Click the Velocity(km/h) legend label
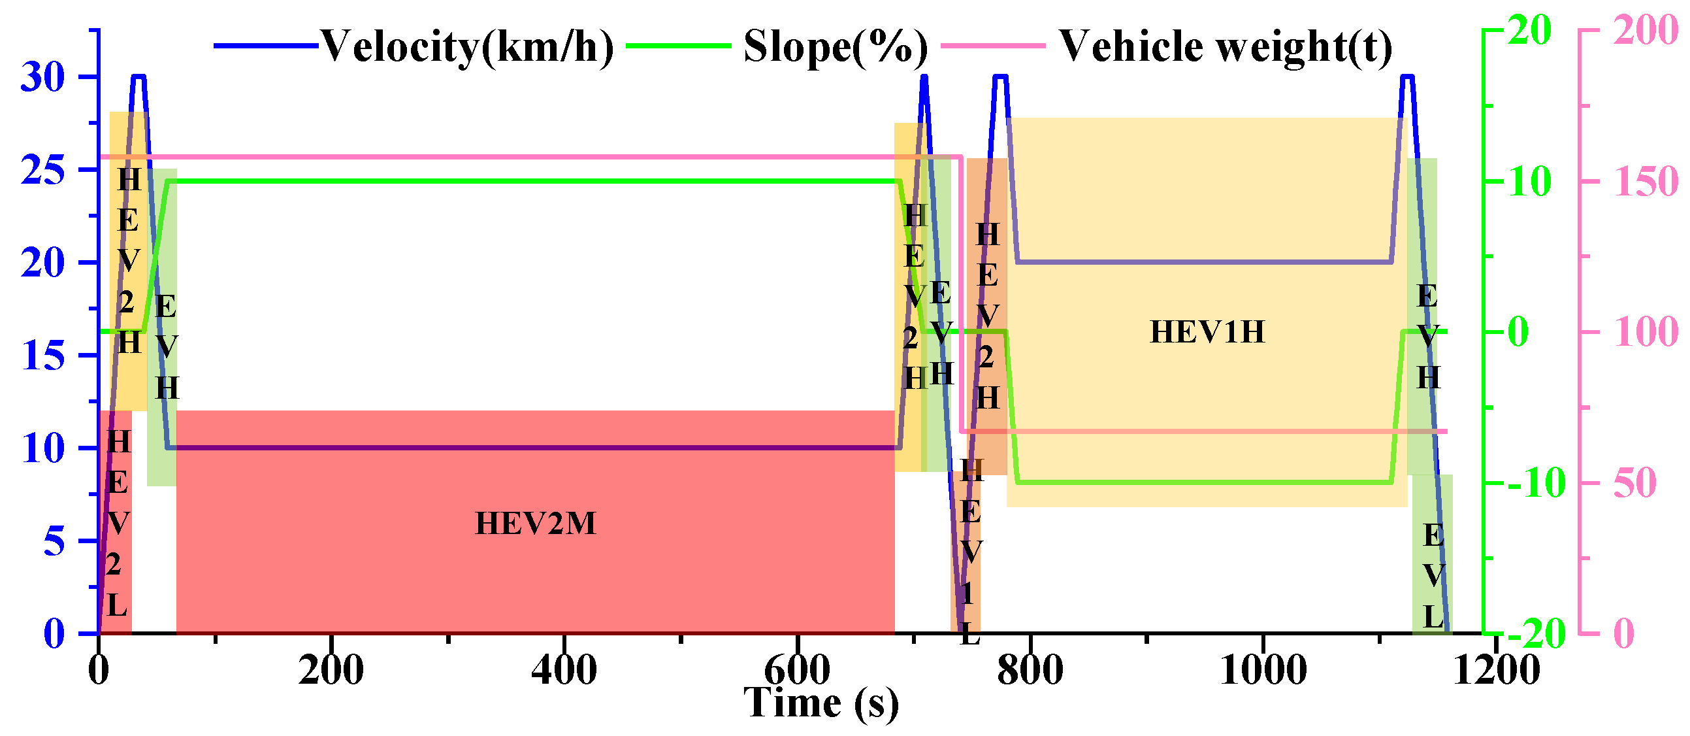pyautogui.click(x=466, y=47)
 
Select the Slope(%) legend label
pyautogui.click(x=835, y=47)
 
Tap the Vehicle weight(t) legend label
pyautogui.click(x=1226, y=47)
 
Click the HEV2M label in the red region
pyautogui.click(x=535, y=524)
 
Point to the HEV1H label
pyautogui.click(x=1207, y=332)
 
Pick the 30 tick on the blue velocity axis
pyautogui.click(x=43, y=78)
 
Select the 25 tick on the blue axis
pyautogui.click(x=43, y=171)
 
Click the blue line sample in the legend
pyautogui.click(x=267, y=46)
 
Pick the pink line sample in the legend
pyautogui.click(x=992, y=46)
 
